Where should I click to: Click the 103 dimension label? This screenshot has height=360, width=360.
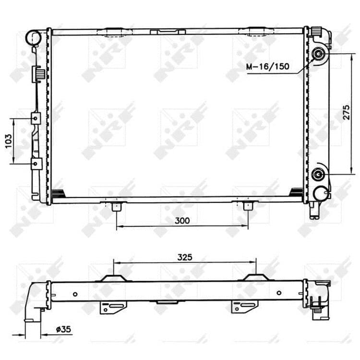(x=8, y=141)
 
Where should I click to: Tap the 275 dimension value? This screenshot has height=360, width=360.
(x=346, y=112)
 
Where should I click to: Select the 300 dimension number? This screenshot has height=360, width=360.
(x=182, y=221)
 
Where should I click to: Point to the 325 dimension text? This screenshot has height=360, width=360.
(x=185, y=257)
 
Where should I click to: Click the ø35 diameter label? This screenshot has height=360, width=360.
(x=63, y=329)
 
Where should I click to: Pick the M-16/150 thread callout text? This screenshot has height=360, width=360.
(x=268, y=67)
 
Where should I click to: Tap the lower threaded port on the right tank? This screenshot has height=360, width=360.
(x=318, y=174)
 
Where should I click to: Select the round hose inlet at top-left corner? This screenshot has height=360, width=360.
(x=34, y=37)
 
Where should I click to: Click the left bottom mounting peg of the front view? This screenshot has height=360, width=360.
(x=117, y=206)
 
